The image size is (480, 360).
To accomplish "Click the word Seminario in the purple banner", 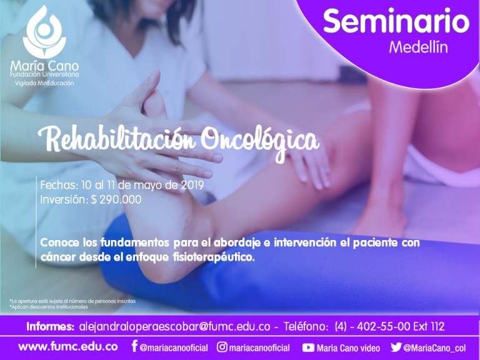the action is (396, 21).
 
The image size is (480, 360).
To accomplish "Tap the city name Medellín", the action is (418, 47).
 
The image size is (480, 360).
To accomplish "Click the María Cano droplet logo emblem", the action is (44, 31).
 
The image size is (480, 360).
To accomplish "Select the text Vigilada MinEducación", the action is (44, 83).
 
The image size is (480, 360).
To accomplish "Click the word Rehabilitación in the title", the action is (117, 139).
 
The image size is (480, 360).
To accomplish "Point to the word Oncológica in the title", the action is (261, 142).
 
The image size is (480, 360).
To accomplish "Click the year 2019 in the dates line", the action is (192, 185).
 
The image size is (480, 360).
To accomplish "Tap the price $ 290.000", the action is (116, 199).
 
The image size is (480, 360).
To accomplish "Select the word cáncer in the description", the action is (57, 257).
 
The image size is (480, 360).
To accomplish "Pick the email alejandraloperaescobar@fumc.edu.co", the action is (174, 327).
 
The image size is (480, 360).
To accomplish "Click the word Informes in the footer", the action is (50, 327).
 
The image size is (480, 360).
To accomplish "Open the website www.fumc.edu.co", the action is (68, 347).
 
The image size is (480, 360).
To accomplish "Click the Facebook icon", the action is (134, 346).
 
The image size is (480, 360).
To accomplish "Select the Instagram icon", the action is (222, 347).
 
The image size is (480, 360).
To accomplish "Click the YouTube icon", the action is (308, 347).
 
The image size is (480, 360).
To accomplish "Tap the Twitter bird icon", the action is (396, 347).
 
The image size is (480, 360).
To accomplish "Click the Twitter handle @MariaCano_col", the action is (435, 348).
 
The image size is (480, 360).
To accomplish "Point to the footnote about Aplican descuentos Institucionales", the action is (49, 307).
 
